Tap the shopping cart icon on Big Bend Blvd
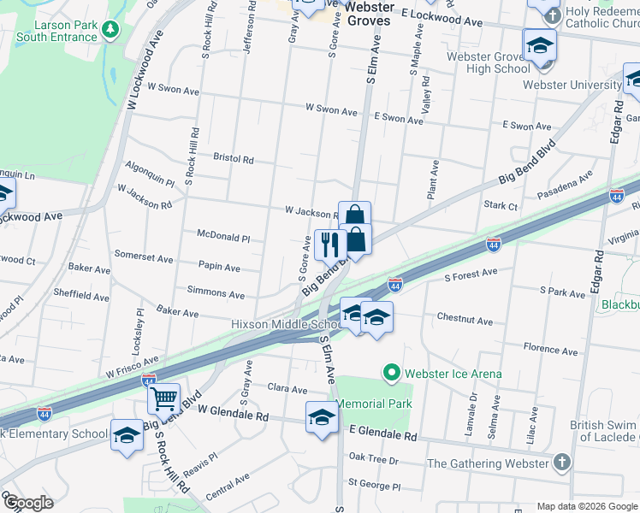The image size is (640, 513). (163, 398)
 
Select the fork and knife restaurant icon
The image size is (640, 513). (329, 245)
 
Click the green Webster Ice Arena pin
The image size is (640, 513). (392, 373)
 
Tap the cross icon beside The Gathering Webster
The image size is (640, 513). (561, 463)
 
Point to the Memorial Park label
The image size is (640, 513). (374, 404)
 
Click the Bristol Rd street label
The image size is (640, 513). (234, 159)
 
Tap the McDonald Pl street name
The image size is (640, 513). (222, 239)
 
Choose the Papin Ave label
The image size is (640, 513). (219, 267)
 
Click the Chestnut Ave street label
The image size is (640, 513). (465, 321)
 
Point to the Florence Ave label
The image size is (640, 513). (551, 349)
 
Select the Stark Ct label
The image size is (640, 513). (501, 206)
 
